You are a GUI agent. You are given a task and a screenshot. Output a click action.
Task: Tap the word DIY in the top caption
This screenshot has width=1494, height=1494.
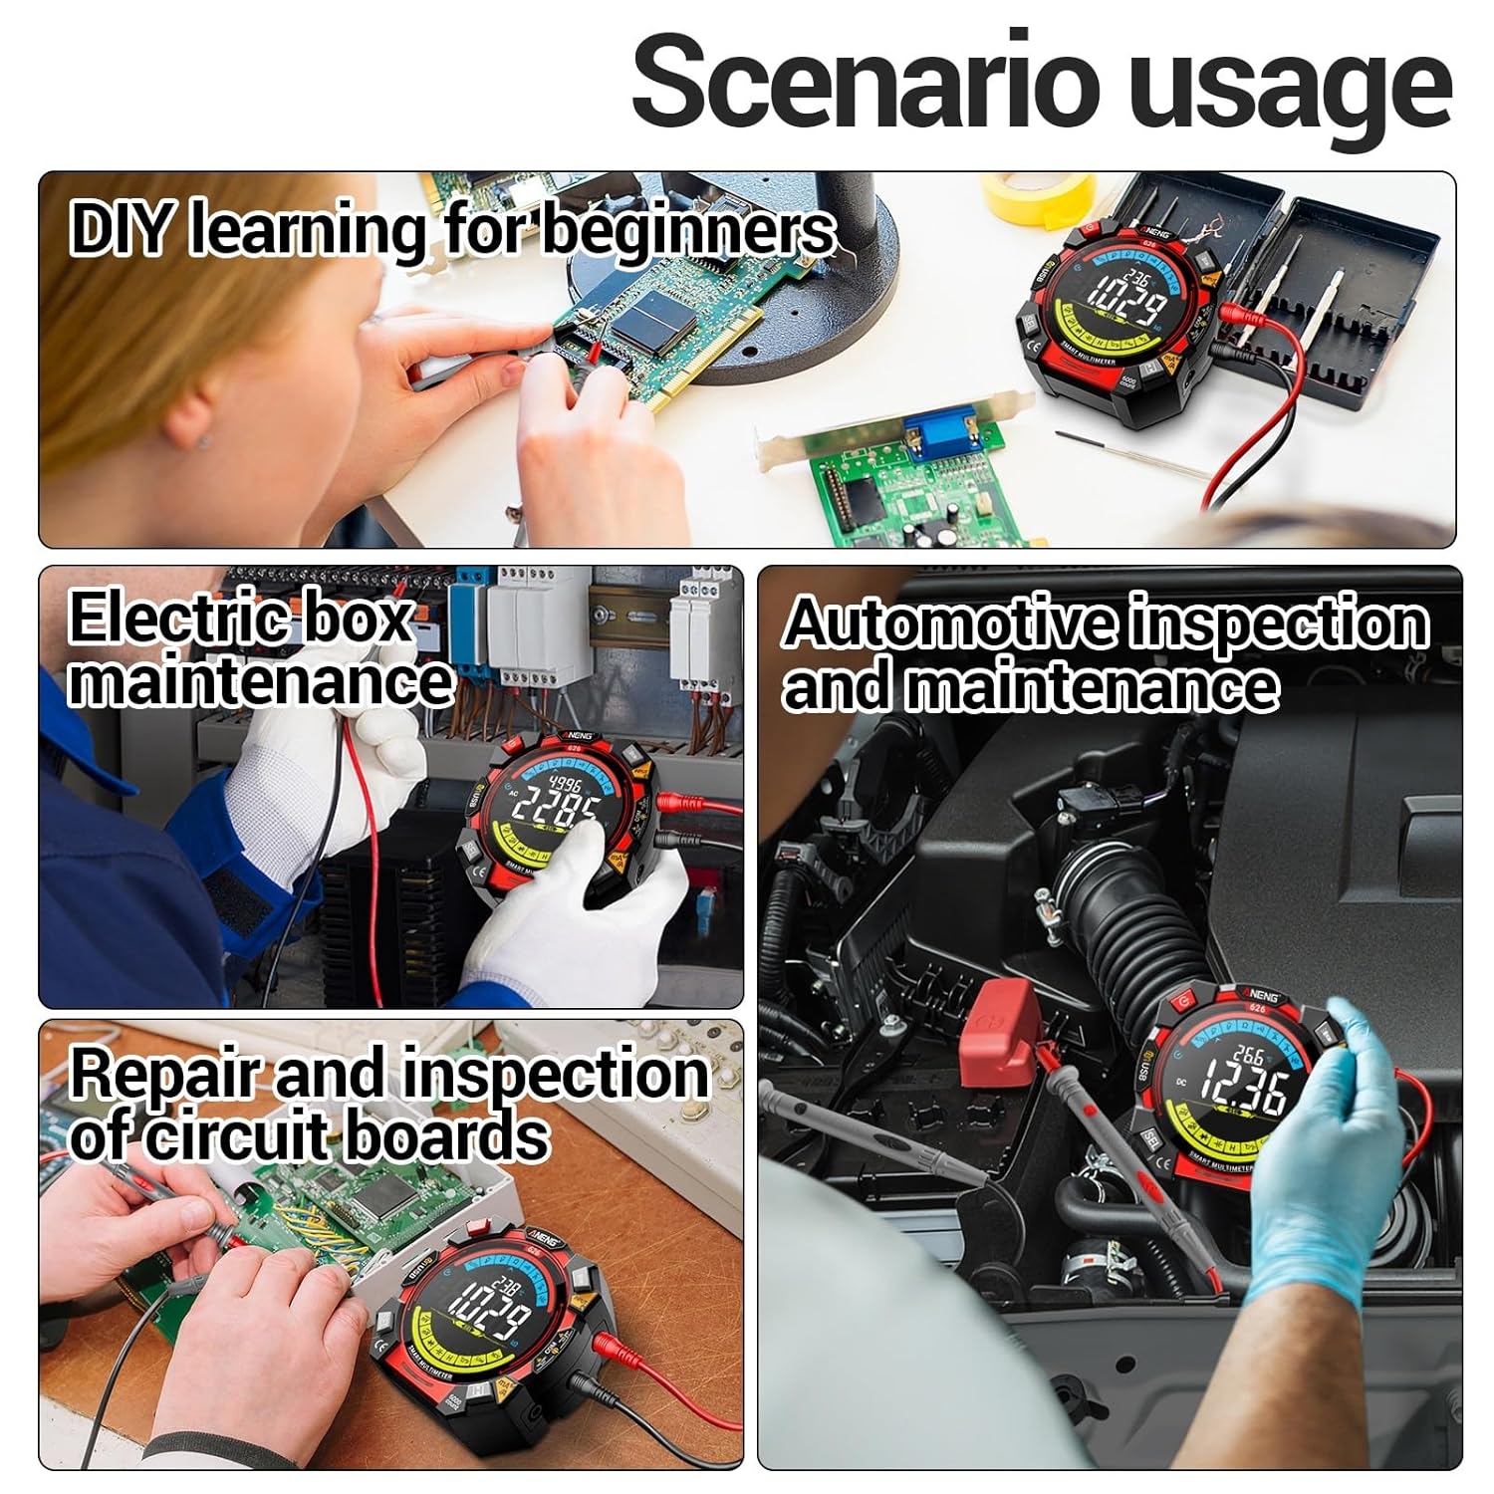[122, 229]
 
